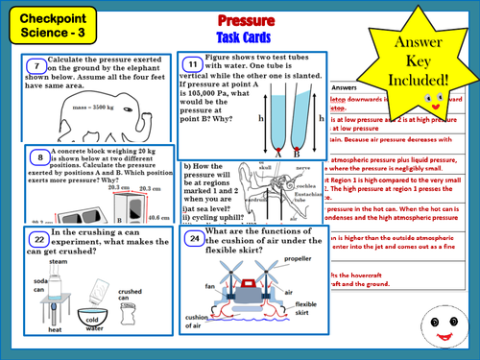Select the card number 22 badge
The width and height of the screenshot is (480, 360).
36,238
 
